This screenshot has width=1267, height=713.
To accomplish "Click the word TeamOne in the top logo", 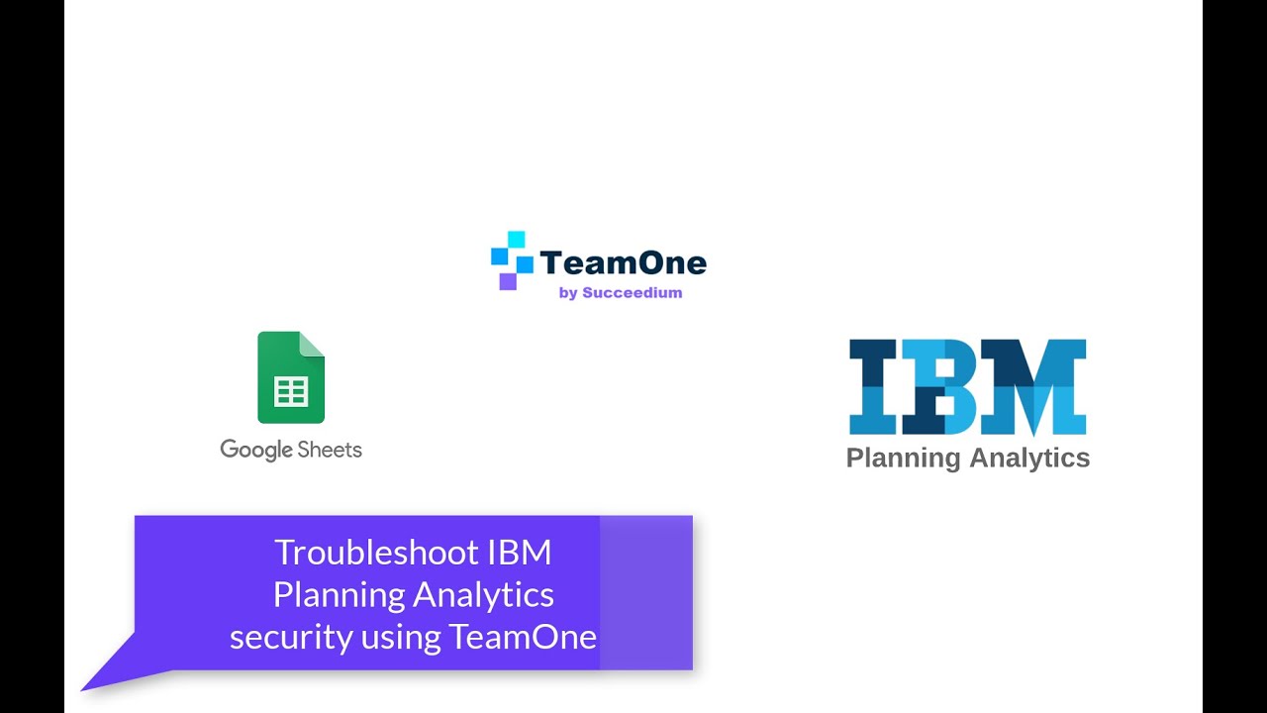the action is click(x=623, y=262).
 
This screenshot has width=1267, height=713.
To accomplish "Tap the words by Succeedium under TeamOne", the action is click(x=620, y=293).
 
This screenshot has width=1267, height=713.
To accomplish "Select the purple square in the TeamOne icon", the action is click(x=508, y=281).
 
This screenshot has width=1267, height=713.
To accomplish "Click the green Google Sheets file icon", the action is click(x=291, y=378).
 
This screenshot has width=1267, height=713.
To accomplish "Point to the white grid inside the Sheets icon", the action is click(x=291, y=392).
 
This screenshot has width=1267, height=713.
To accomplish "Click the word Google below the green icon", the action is click(x=256, y=450).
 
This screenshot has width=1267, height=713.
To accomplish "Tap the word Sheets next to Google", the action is click(x=331, y=450).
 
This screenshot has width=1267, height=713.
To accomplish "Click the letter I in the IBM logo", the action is click(x=873, y=387).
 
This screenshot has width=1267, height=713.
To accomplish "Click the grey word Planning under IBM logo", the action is click(x=903, y=458).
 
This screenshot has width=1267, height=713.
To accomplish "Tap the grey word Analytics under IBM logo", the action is click(x=1029, y=458).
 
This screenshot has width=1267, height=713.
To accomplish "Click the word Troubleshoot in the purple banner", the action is click(x=376, y=553).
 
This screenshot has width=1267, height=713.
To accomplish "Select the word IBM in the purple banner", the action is click(x=520, y=553).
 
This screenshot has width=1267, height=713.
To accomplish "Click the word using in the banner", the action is click(x=400, y=638).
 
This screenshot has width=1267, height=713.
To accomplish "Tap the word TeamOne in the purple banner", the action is click(x=523, y=636).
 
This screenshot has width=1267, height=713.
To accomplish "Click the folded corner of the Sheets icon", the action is click(x=313, y=344).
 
